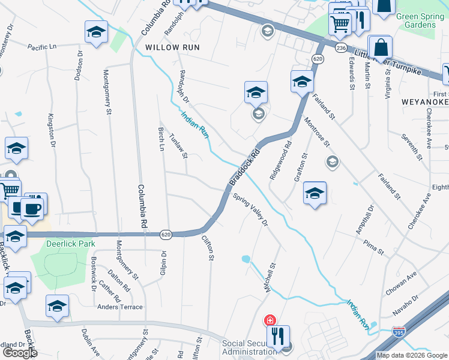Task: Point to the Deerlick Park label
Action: [x=71, y=244]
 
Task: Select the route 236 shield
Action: [x=341, y=47]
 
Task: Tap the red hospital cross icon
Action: [x=271, y=320]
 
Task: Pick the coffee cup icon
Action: [x=32, y=209]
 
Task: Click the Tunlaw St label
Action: [x=179, y=146]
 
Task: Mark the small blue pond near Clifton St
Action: [x=246, y=260]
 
